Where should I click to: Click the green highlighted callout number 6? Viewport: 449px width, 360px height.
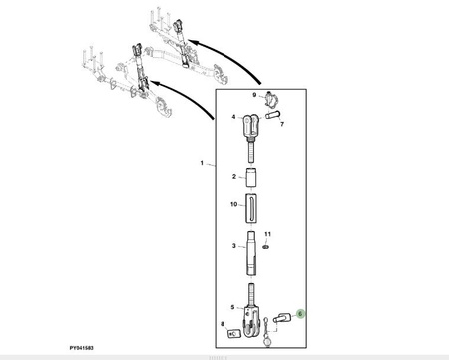coord(300,314)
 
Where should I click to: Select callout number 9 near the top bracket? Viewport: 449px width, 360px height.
coord(254,95)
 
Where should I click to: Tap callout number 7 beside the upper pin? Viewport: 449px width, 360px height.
coord(282,124)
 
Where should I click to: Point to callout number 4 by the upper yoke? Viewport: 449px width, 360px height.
coord(233,117)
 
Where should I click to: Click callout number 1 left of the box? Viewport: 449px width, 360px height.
coord(202,163)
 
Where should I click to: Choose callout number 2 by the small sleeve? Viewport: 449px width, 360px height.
coord(234,176)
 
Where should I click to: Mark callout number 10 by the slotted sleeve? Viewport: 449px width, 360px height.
coord(234,204)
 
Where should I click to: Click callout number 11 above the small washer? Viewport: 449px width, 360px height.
coord(268,234)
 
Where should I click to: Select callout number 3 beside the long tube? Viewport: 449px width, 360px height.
coord(234,246)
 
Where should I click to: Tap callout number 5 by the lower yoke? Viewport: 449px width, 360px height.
coord(232,307)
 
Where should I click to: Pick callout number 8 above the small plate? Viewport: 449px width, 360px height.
coord(223,324)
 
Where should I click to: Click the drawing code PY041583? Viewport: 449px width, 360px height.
coord(81,348)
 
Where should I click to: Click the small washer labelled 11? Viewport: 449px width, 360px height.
coord(265,247)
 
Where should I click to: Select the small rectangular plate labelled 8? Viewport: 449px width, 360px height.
coord(234,333)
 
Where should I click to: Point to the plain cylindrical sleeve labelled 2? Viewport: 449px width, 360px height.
coord(251,178)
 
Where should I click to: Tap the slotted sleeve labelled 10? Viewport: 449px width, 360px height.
coord(251,208)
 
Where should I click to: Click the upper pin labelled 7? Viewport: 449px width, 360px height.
coord(273,115)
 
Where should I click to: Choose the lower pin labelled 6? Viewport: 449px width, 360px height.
coord(282,317)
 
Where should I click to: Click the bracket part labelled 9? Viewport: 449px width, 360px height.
coord(271,100)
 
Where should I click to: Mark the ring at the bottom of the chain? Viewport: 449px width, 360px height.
coord(267,342)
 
